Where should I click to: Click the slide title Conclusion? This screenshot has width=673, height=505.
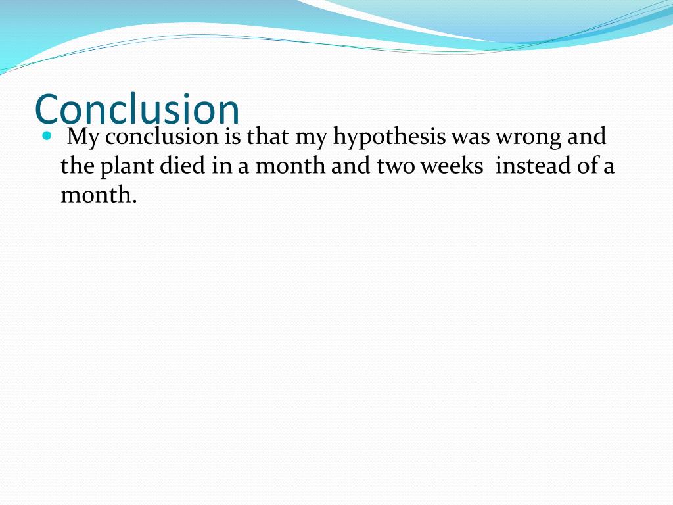pos(137,108)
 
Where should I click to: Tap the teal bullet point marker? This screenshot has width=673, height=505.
pos(46,136)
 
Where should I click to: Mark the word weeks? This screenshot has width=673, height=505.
pos(451,166)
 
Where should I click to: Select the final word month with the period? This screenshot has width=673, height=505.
pos(99,195)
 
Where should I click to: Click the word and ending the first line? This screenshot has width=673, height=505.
pos(585,137)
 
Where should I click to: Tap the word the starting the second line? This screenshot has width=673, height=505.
pos(78,166)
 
